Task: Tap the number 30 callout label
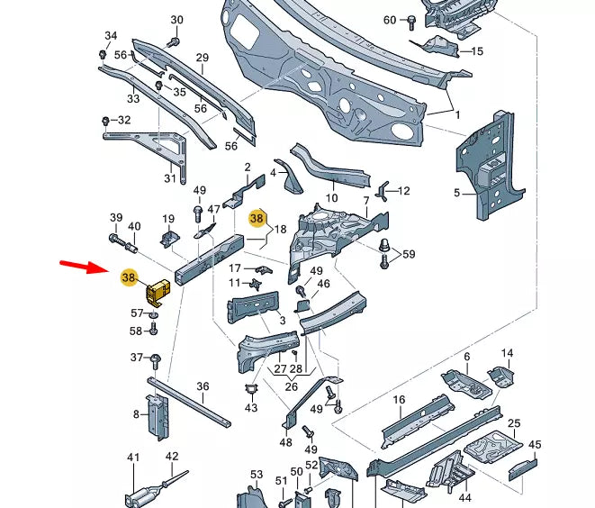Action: coord(176,20)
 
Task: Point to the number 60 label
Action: coord(390,20)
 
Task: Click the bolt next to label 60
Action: coord(410,20)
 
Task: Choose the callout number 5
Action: coord(456,192)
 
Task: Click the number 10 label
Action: coord(331,198)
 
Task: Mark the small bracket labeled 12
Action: coord(383,190)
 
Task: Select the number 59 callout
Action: coord(410,255)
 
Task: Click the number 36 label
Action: coord(203,386)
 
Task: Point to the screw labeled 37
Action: coord(157,359)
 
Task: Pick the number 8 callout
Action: coord(137,414)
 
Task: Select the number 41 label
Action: coord(133,458)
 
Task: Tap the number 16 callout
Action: coord(400,399)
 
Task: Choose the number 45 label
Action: coord(535,444)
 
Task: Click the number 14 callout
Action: coord(507,353)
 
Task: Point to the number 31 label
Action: coord(170,178)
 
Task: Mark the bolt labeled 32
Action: coord(106,120)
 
